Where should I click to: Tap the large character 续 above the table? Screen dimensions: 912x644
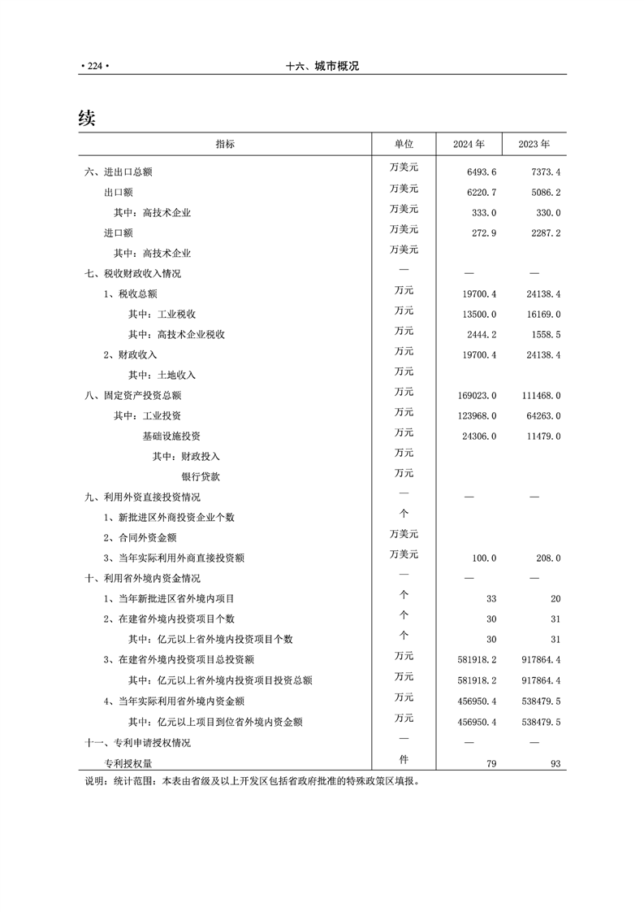click(x=87, y=119)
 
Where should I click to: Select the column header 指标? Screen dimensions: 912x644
click(x=225, y=144)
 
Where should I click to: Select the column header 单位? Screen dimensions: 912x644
click(x=404, y=144)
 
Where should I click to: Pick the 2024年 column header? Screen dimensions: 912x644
click(x=469, y=144)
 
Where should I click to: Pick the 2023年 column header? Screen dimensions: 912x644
click(x=534, y=144)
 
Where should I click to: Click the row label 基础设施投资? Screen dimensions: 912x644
click(x=171, y=436)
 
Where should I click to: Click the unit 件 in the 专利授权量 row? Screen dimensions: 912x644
click(x=404, y=761)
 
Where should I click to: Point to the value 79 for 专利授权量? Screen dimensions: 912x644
click(x=491, y=764)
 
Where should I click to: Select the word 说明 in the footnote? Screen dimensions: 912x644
click(x=95, y=781)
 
